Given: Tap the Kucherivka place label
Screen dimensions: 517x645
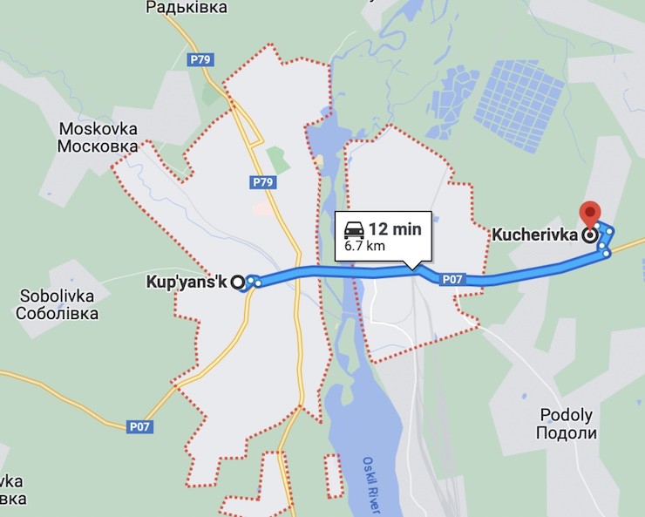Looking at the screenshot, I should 536,235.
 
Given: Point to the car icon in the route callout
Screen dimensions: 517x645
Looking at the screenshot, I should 354,230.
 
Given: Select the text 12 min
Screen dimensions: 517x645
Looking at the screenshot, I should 395,229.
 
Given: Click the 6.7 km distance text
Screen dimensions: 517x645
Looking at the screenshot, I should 363,246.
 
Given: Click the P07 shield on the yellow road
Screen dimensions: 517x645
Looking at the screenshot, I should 139,426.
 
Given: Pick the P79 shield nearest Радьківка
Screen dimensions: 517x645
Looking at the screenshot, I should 202,59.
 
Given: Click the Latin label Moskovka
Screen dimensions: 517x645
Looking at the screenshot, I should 98,129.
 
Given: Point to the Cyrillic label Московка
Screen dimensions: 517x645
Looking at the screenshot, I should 98,146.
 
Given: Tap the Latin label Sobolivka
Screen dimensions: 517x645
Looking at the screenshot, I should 57,296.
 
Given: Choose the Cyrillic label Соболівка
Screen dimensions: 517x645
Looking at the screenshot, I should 57,313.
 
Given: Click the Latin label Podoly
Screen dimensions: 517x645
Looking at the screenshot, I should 566,416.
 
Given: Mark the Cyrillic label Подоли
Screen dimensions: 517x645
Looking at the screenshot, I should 566,433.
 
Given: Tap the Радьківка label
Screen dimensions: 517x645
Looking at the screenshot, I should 187,8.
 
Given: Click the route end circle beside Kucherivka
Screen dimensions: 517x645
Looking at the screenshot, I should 590,235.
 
